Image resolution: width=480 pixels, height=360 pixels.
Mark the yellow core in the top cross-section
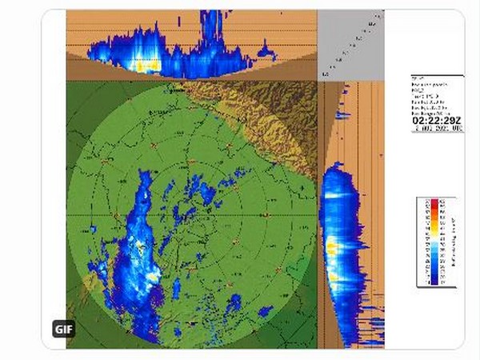click(x=144, y=64)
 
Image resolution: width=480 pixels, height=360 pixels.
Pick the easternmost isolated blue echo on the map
click(x=234, y=302)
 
